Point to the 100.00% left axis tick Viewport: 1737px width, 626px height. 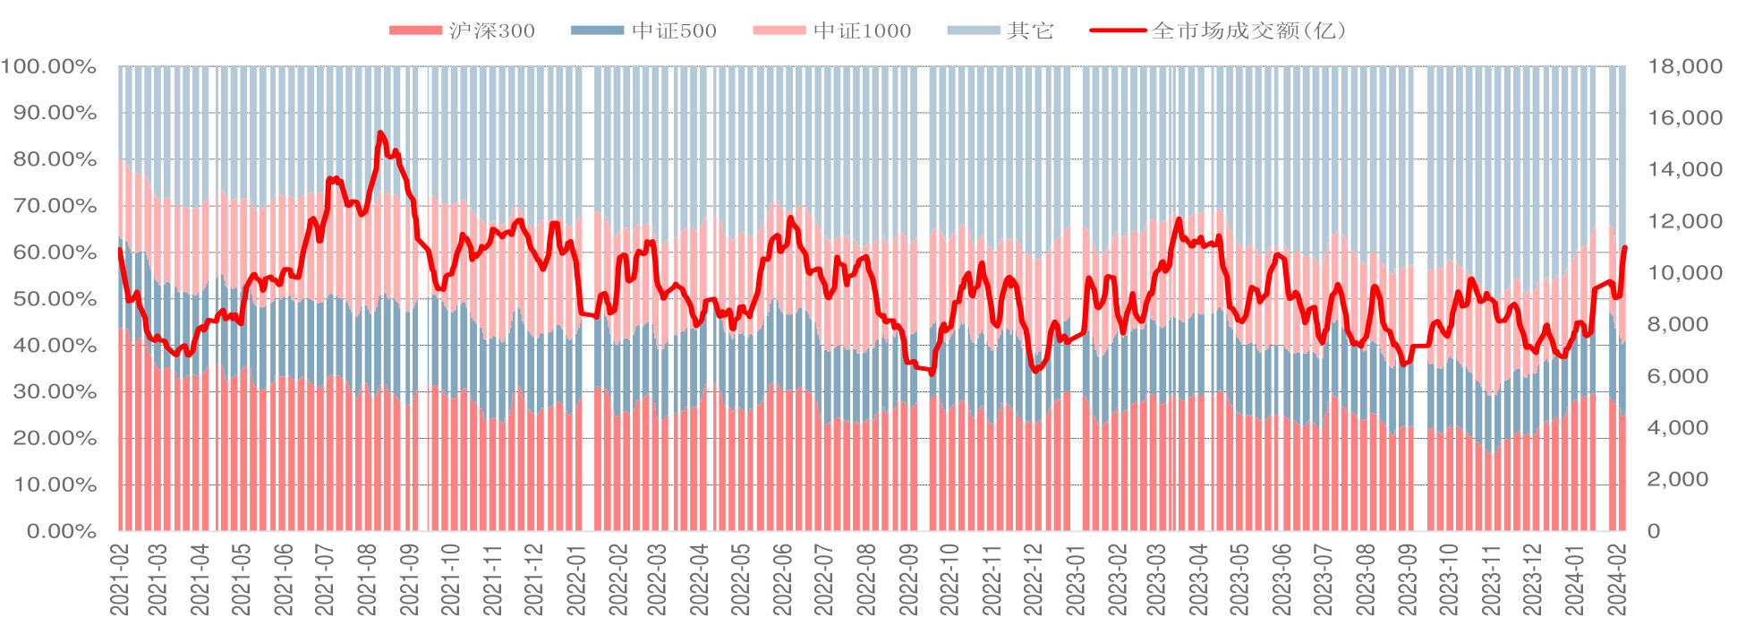pos(48,66)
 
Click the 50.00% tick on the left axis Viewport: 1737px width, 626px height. pos(54,299)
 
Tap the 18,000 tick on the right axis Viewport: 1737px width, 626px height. pos(1685,66)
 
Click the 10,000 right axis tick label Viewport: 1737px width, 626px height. pos(1685,273)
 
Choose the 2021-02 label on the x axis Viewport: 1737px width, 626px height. pos(119,579)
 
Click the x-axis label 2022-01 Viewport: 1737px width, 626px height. pos(576,579)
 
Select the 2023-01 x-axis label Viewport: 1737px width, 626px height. pos(1076,579)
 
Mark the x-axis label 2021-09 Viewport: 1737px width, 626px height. pos(410,579)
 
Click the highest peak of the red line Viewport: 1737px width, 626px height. pos(380,133)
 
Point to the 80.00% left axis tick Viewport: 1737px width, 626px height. pos(54,159)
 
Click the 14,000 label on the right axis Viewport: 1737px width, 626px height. pos(1685,169)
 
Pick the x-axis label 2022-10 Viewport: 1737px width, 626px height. pos(950,579)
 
